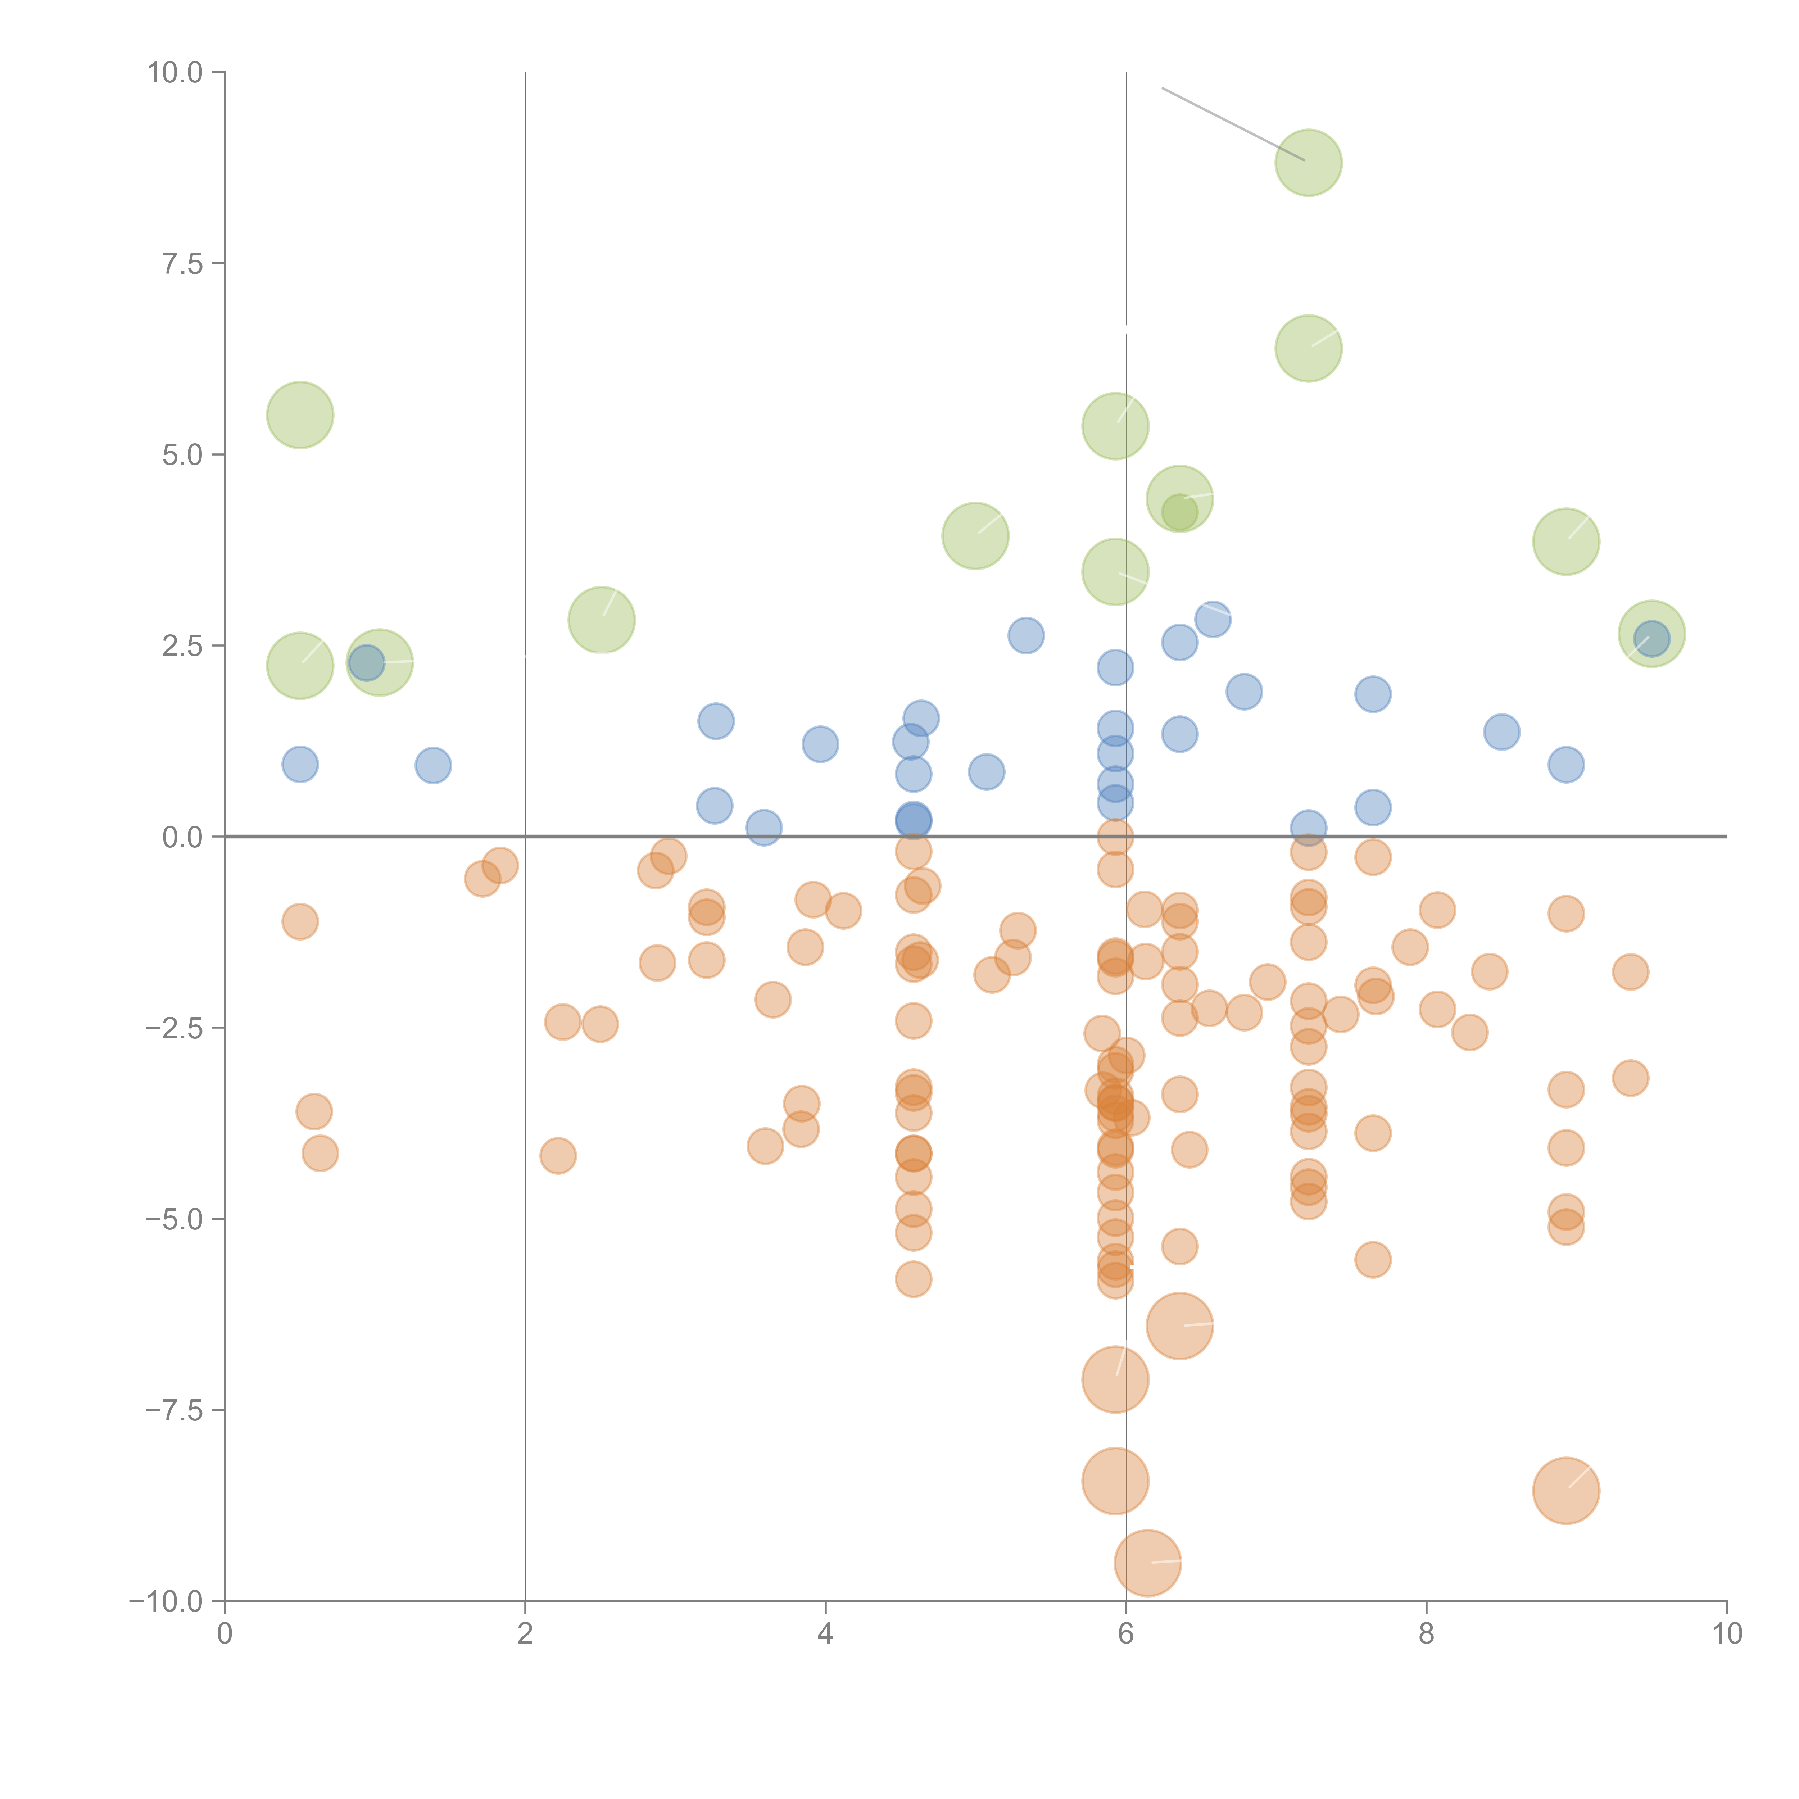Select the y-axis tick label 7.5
click(x=182, y=263)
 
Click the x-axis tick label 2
click(x=525, y=1634)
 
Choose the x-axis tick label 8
click(x=1427, y=1634)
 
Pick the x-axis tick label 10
click(x=1726, y=1634)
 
